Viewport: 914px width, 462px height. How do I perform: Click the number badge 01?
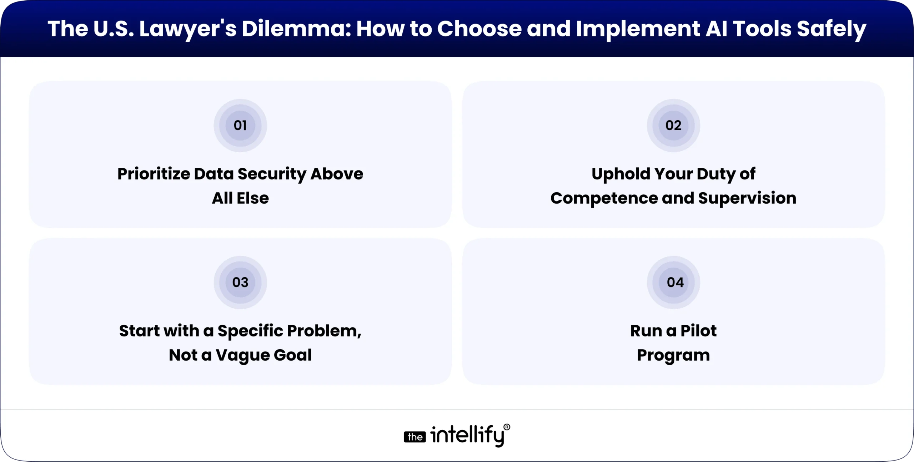[240, 125]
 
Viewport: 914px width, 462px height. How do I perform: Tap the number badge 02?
[673, 125]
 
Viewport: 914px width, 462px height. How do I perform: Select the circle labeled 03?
[240, 282]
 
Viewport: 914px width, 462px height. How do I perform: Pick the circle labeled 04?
[673, 282]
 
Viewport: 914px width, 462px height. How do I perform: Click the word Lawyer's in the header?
[187, 29]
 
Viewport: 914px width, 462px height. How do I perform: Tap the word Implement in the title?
[638, 29]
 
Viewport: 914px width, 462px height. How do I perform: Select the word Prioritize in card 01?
[154, 174]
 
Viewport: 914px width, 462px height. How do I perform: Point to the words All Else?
[240, 198]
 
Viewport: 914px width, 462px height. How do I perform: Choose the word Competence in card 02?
[604, 199]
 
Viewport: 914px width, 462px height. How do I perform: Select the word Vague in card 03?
[243, 355]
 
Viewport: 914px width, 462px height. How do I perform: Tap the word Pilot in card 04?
[698, 331]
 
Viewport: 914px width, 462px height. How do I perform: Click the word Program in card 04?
[673, 356]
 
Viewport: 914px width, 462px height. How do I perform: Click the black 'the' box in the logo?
[415, 437]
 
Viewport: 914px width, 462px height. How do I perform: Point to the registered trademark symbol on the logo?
[506, 427]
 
